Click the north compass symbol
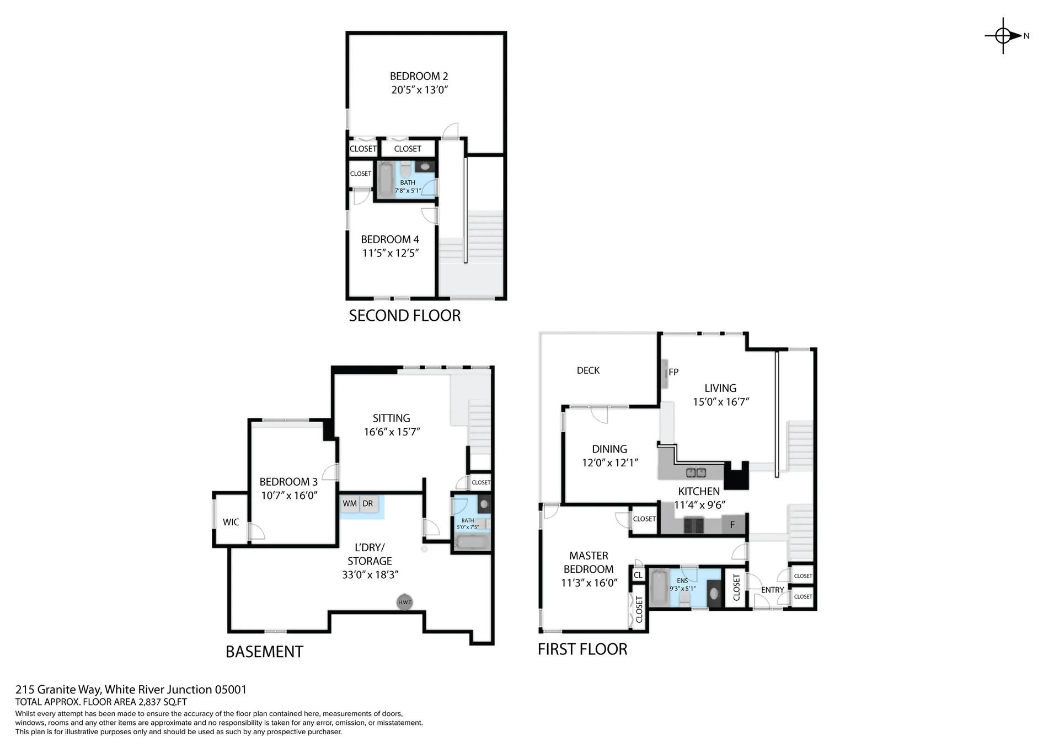pyautogui.click(x=1004, y=36)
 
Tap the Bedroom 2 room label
pyautogui.click(x=419, y=76)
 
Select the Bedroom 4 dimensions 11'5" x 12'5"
pyautogui.click(x=391, y=253)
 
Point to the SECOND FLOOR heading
pyautogui.click(x=404, y=315)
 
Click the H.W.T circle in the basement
pyautogui.click(x=405, y=602)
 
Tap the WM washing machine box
pyautogui.click(x=350, y=504)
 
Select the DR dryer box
pyautogui.click(x=368, y=504)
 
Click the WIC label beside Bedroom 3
pyautogui.click(x=231, y=522)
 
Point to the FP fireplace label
pyautogui.click(x=673, y=372)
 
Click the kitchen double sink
pyautogui.click(x=696, y=472)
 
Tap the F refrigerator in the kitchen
pyautogui.click(x=732, y=525)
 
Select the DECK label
pyautogui.click(x=588, y=370)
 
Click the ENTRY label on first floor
pyautogui.click(x=772, y=590)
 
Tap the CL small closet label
pyautogui.click(x=638, y=575)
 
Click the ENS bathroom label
pyautogui.click(x=682, y=580)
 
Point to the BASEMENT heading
pyautogui.click(x=264, y=652)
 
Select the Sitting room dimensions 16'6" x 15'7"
pyautogui.click(x=392, y=432)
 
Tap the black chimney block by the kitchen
pyautogui.click(x=736, y=476)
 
